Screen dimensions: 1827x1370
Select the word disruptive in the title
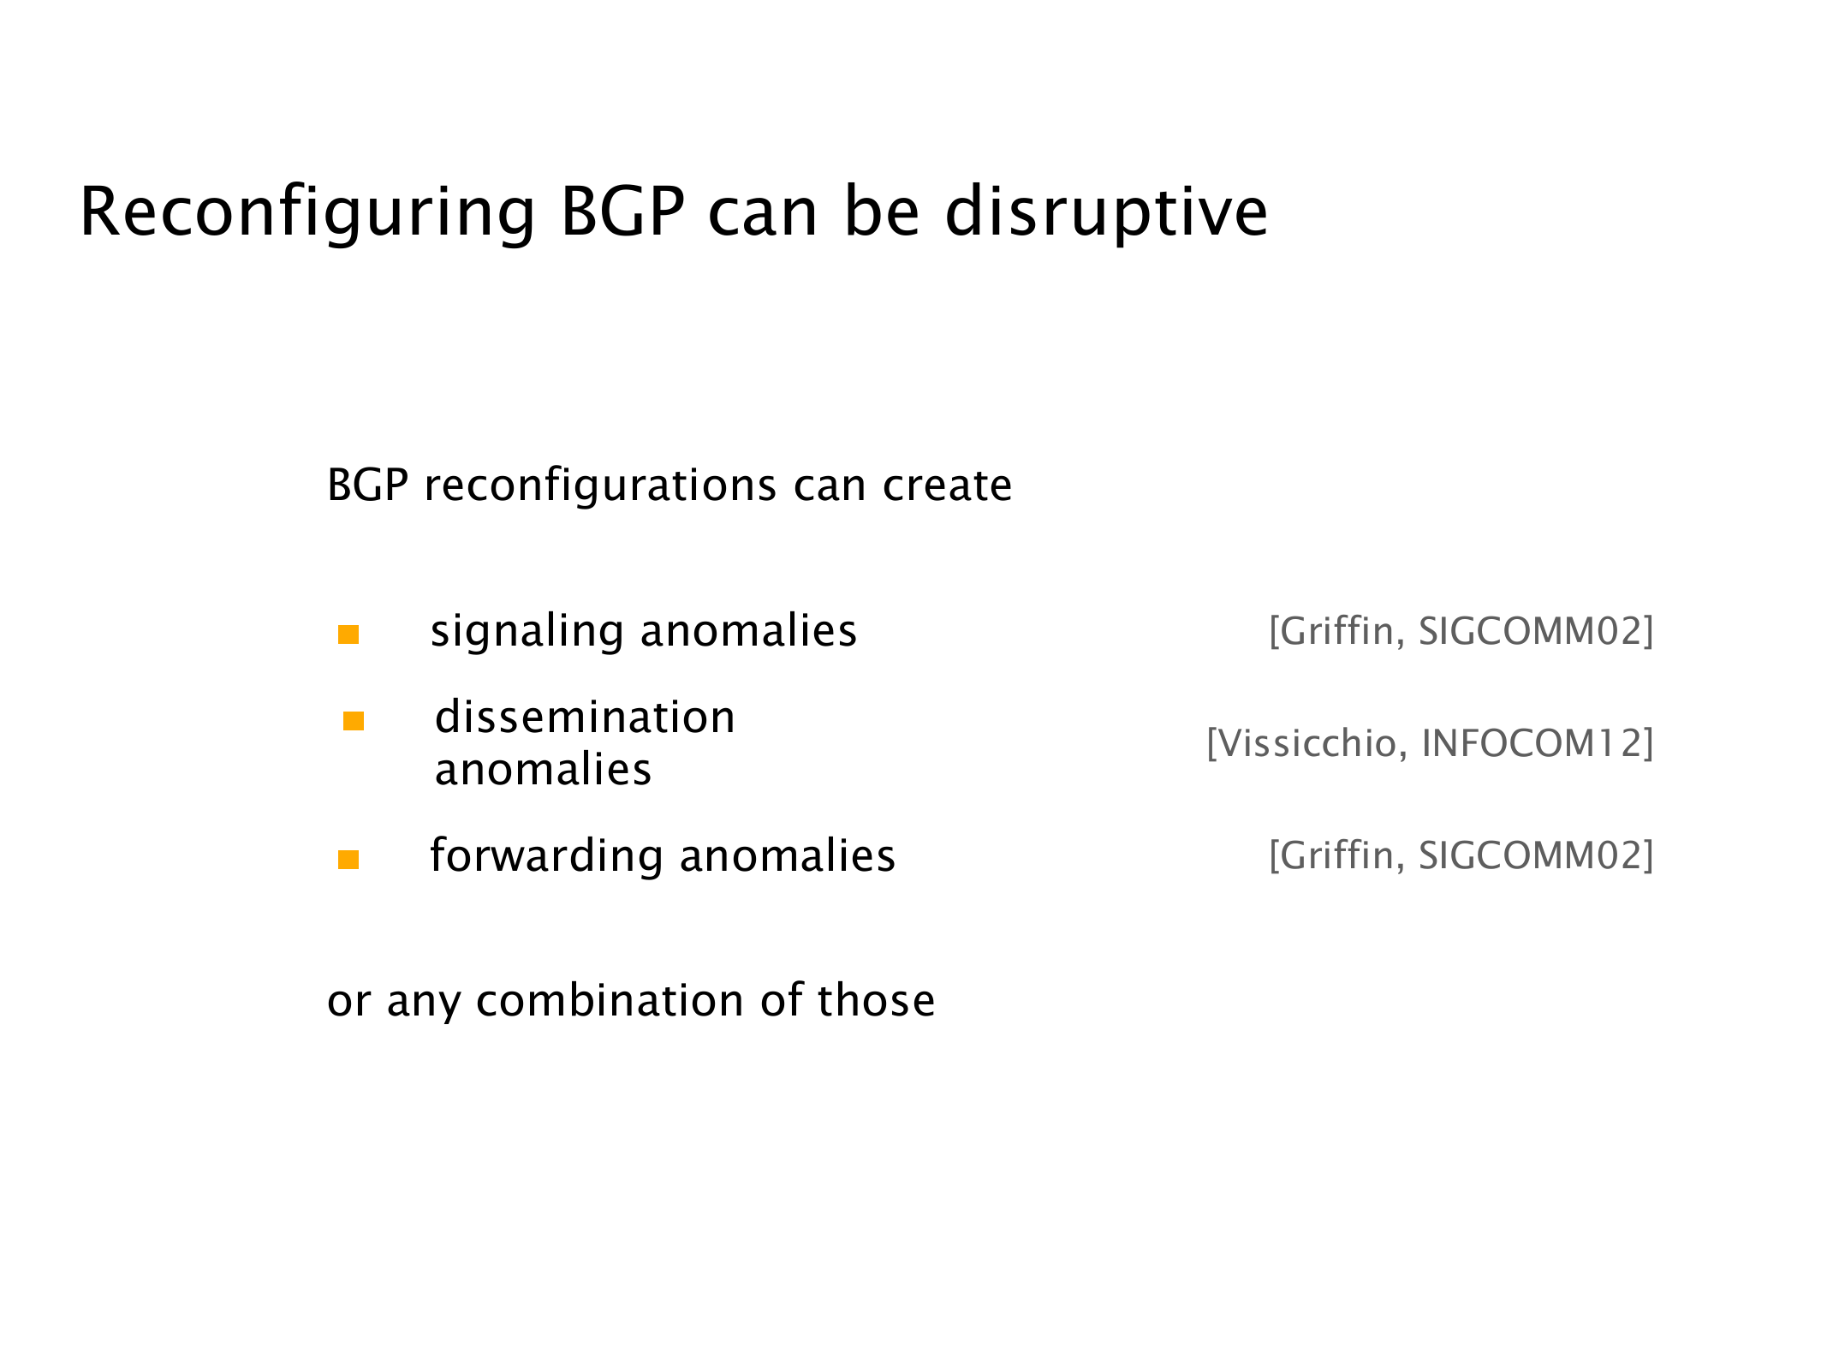(1106, 214)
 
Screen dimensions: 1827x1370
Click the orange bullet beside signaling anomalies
(348, 634)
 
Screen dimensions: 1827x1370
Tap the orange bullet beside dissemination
(354, 721)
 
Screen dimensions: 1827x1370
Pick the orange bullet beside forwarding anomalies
(348, 859)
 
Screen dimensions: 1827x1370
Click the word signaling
(527, 633)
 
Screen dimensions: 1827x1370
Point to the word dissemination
(586, 717)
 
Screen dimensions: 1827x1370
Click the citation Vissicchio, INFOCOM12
(1430, 743)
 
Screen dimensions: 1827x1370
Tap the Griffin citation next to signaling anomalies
(1461, 631)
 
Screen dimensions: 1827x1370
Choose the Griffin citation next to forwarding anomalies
(1461, 855)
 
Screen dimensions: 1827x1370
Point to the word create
(948, 486)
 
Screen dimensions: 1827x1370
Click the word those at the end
(876, 1000)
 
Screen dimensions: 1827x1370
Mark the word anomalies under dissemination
(544, 769)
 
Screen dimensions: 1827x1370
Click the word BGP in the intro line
(368, 486)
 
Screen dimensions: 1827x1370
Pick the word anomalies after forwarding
(788, 855)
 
